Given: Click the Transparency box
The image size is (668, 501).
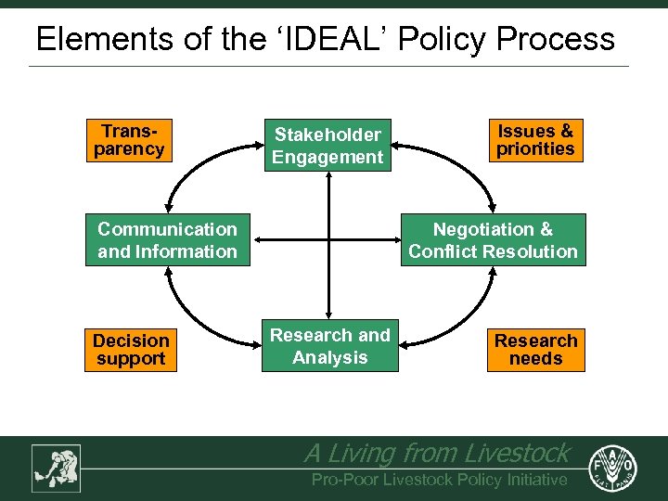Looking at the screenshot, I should click(x=129, y=140).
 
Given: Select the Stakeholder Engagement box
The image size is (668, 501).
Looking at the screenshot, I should click(x=327, y=147).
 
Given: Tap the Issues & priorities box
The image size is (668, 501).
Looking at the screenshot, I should click(x=535, y=140).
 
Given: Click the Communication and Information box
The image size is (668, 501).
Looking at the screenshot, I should click(x=168, y=240).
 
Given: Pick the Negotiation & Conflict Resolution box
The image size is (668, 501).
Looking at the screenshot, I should click(x=493, y=240).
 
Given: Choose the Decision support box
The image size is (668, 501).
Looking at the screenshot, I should click(x=130, y=350).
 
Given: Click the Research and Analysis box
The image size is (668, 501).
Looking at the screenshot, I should click(x=329, y=347).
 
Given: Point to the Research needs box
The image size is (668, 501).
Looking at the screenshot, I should click(x=535, y=350).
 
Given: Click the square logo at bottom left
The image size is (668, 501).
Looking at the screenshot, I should click(x=56, y=468).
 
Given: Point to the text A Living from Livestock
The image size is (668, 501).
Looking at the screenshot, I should click(x=436, y=453).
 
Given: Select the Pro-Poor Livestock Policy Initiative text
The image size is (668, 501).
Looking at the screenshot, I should click(x=439, y=480).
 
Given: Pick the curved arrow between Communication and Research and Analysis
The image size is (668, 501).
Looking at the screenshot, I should click(x=195, y=320).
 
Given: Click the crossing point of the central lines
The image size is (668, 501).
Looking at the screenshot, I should click(x=328, y=240).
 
